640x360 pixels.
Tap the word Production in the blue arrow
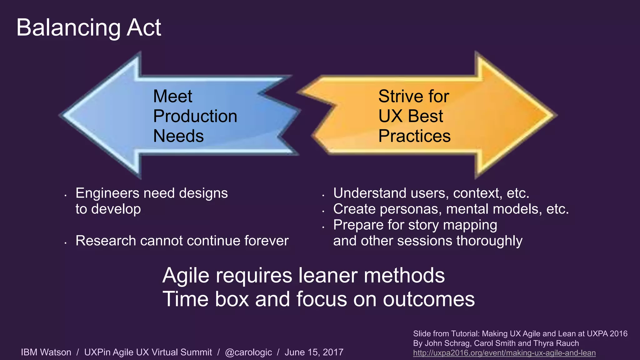coord(195,116)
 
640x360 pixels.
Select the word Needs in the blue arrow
coord(178,136)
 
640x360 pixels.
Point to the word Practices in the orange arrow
coord(414,136)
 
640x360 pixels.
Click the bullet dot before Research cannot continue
coord(66,243)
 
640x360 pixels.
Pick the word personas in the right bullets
coord(410,209)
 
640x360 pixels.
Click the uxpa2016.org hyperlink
coord(504,353)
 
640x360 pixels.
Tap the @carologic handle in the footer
coord(248,352)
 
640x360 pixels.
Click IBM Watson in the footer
coord(46,352)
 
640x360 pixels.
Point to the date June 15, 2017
coord(314,352)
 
